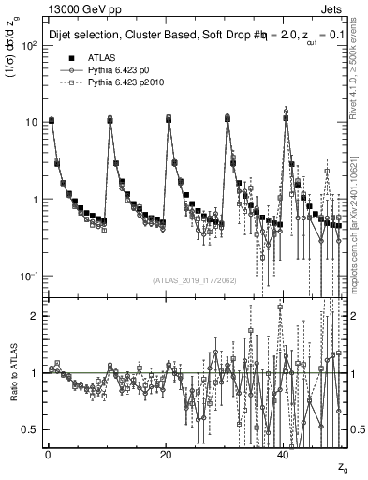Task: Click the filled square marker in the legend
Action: pos(66,58)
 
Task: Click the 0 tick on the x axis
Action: pos(48,454)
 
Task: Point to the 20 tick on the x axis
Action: pos(166,454)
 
